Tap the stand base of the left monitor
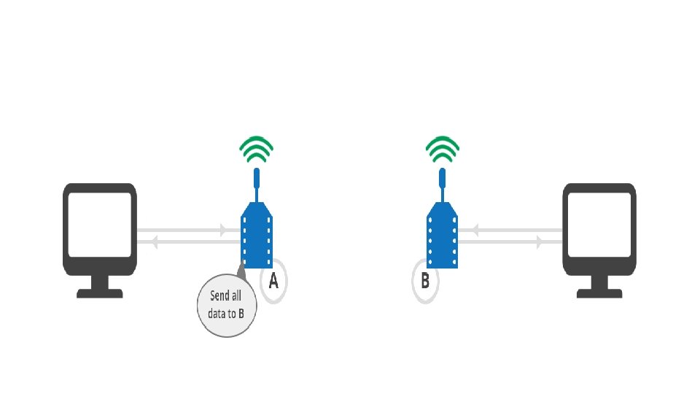[x=100, y=293]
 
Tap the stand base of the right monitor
[x=599, y=293]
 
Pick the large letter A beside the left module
[x=273, y=281]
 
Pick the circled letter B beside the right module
[x=425, y=280]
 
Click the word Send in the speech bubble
[x=217, y=296]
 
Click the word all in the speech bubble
[x=236, y=296]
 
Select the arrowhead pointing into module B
[x=475, y=231]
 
